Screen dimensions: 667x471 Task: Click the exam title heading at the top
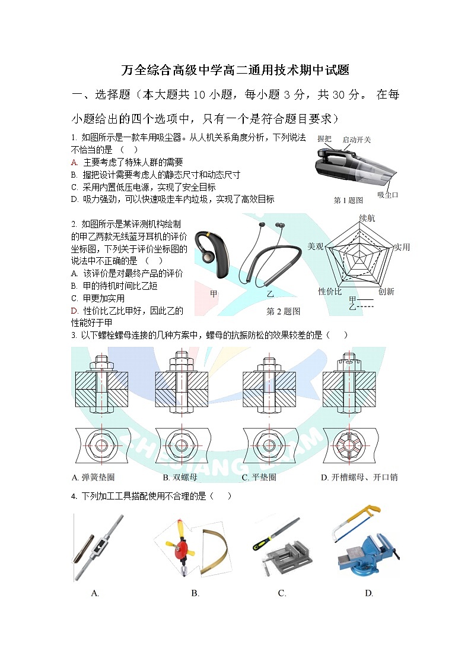pyautogui.click(x=235, y=70)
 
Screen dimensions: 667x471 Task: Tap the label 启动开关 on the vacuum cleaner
pyautogui.click(x=357, y=140)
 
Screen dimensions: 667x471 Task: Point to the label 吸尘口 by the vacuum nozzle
pyautogui.click(x=387, y=194)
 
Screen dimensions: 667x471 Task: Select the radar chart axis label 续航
pyautogui.click(x=367, y=219)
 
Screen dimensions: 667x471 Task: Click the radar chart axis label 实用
pyautogui.click(x=402, y=247)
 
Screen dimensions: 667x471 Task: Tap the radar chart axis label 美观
pyautogui.click(x=315, y=246)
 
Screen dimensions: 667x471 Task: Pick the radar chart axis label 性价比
pyautogui.click(x=330, y=291)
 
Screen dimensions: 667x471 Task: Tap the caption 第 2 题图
pyautogui.click(x=283, y=311)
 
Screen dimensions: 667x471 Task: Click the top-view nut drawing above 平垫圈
pyautogui.click(x=266, y=445)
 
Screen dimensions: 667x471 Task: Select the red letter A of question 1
pyautogui.click(x=74, y=162)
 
